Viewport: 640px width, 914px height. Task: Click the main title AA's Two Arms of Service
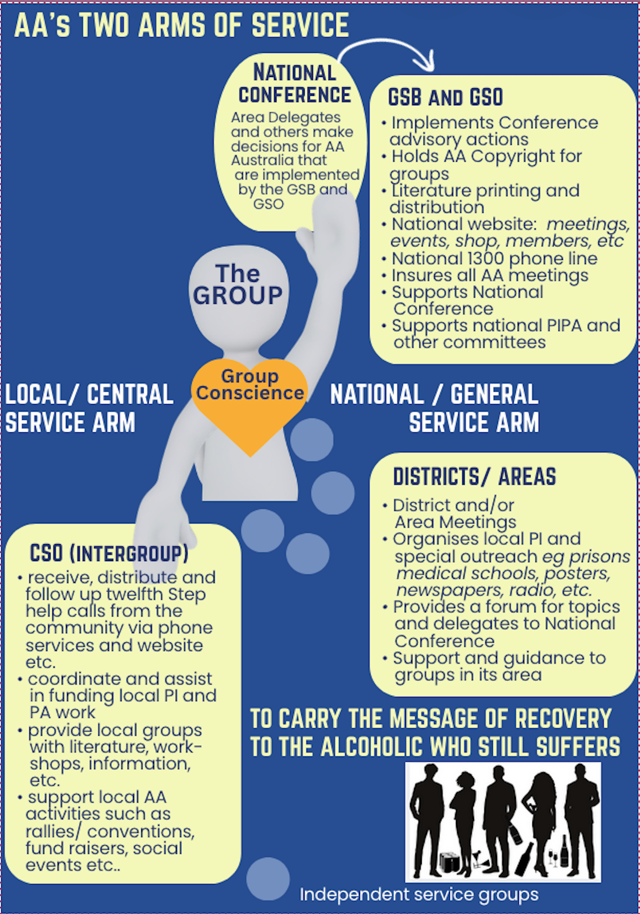181,25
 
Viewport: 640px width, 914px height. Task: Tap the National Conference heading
294,84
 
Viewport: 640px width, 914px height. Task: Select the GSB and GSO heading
445,98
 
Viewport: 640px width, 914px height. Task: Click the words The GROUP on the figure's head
238,285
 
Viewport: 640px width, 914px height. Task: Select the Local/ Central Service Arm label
88,408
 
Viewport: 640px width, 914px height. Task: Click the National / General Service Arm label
435,408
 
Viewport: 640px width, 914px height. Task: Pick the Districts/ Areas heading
474,477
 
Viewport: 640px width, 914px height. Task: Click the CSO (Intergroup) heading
109,553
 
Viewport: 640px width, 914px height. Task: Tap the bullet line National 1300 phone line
494,259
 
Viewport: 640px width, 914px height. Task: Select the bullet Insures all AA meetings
489,275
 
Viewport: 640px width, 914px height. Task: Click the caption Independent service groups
419,895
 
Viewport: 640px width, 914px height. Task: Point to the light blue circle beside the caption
268,879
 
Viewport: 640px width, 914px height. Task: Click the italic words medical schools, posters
503,573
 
